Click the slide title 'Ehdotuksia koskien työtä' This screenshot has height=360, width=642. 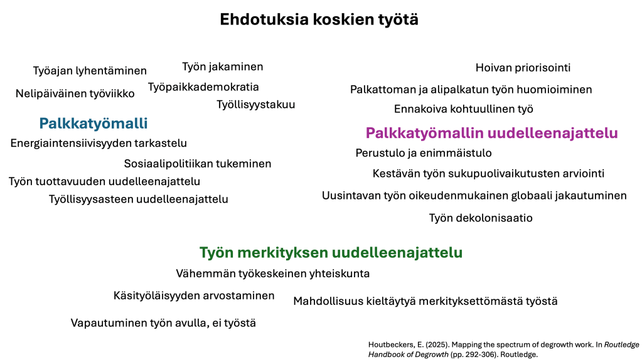click(319, 19)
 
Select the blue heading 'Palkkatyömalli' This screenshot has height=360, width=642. click(94, 124)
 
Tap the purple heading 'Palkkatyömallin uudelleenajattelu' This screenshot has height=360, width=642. click(491, 133)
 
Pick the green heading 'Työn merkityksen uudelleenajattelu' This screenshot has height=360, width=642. click(331, 252)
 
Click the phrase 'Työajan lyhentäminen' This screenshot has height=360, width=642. click(90, 71)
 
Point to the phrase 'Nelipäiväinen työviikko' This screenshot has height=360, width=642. click(75, 93)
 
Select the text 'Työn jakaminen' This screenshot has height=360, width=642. click(223, 66)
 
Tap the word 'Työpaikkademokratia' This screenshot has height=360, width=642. click(203, 87)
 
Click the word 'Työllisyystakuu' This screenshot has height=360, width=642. click(256, 105)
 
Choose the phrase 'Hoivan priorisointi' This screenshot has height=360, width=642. click(523, 68)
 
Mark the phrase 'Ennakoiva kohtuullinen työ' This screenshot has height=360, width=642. click(464, 109)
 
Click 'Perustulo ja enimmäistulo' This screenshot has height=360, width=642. click(424, 153)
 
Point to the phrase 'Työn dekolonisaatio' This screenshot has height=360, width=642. click(481, 218)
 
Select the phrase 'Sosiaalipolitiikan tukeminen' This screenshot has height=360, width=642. click(197, 164)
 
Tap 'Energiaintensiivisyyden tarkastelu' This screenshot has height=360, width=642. click(99, 143)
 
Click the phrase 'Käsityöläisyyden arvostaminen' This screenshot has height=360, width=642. click(194, 296)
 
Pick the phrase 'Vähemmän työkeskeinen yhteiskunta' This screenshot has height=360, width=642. click(273, 273)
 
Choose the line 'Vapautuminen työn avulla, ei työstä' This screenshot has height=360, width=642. click(163, 323)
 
